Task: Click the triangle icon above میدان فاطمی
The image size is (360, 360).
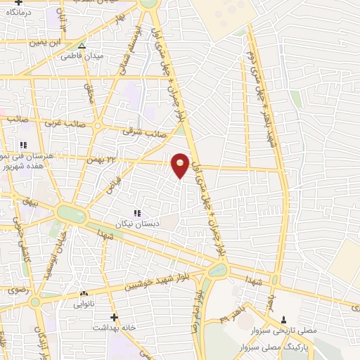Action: coord(82,46)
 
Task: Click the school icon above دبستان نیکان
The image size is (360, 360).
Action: coord(137,212)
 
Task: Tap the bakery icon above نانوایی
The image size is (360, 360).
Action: coord(84,293)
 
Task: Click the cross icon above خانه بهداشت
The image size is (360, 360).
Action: coord(115,317)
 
